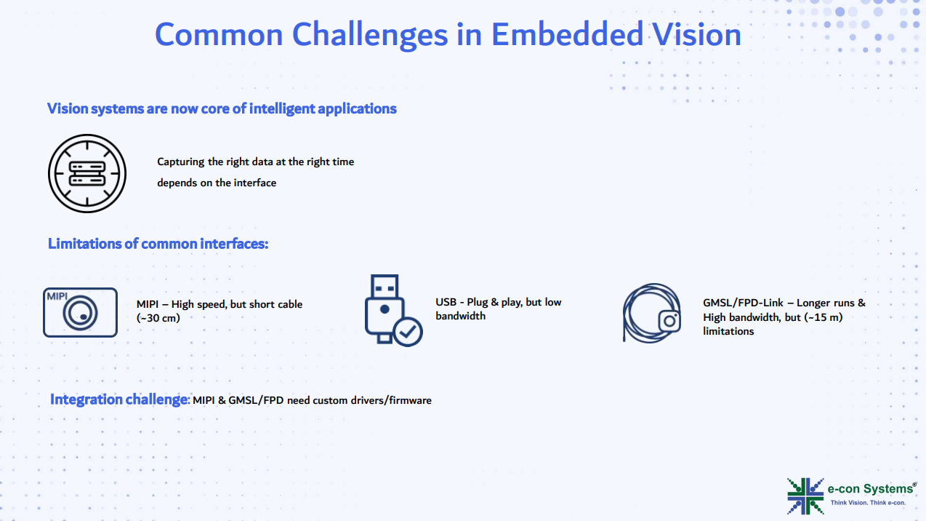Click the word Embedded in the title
567,34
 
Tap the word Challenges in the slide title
369,35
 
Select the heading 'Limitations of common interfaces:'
158,244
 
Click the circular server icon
86,173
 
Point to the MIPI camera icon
80,312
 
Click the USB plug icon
393,310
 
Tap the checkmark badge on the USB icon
408,332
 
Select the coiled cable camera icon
651,313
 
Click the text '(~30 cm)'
158,318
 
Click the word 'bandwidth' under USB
460,316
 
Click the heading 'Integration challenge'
119,399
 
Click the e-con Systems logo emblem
805,496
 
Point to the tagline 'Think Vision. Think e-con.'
868,503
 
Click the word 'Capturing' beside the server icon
181,162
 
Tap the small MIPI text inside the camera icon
57,296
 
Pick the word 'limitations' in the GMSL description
728,332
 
